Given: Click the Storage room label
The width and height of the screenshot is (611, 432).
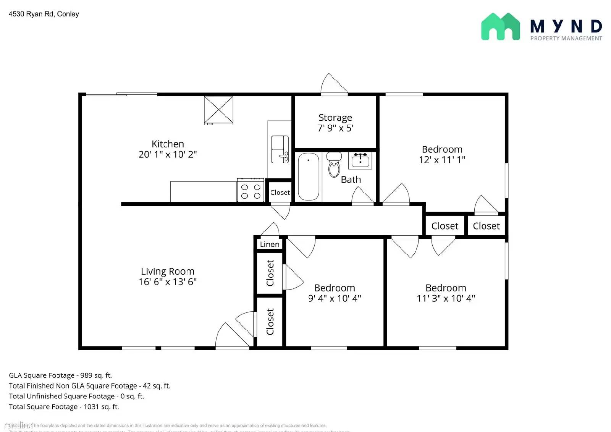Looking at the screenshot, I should coord(335,118).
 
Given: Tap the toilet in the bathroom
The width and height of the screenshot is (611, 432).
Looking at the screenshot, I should coord(334,165).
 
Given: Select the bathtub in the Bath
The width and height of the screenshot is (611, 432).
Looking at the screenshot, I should coord(308,176).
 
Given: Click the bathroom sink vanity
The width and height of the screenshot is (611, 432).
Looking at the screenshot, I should coord(360,160).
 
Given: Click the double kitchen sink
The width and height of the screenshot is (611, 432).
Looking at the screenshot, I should coord(280,149).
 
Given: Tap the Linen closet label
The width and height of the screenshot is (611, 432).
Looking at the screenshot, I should coord(269,244).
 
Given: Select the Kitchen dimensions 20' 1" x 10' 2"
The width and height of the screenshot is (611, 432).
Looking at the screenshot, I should coord(168,154).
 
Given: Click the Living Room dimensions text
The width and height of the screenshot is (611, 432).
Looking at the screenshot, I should coord(168,282).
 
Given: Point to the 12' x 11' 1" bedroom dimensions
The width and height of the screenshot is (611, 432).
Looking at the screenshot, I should coord(442,160).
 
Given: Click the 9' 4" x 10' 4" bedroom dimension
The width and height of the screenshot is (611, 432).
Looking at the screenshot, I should coord(335,298).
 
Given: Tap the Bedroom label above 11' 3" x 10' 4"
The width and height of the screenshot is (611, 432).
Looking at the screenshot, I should coord(446,288).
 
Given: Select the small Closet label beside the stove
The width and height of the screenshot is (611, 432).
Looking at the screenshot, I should coord(280,193).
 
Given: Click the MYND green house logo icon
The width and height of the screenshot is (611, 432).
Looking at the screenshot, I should coord(500,27).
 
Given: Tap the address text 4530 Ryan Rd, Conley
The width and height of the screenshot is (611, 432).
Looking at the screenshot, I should coord(44,14).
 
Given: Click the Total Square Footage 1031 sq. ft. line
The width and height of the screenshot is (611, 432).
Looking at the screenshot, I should coord(64,407).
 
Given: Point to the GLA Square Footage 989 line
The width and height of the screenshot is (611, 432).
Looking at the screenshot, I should coord(60,375).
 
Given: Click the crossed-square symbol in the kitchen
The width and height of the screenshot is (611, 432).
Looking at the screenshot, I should coord(218,110).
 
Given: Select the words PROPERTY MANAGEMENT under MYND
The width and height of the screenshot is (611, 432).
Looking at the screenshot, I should coord(566,38).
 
